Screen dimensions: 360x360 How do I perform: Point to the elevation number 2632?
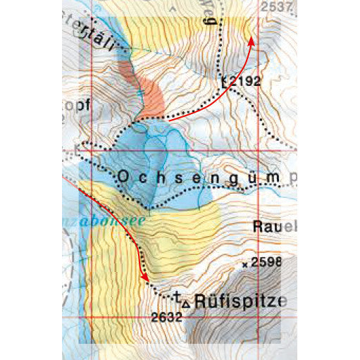click(x=168, y=317)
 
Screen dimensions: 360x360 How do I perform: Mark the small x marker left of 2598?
click(x=245, y=265)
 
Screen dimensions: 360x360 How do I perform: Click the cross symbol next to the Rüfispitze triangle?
click(x=178, y=298)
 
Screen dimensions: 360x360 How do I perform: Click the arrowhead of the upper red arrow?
click(x=251, y=42)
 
